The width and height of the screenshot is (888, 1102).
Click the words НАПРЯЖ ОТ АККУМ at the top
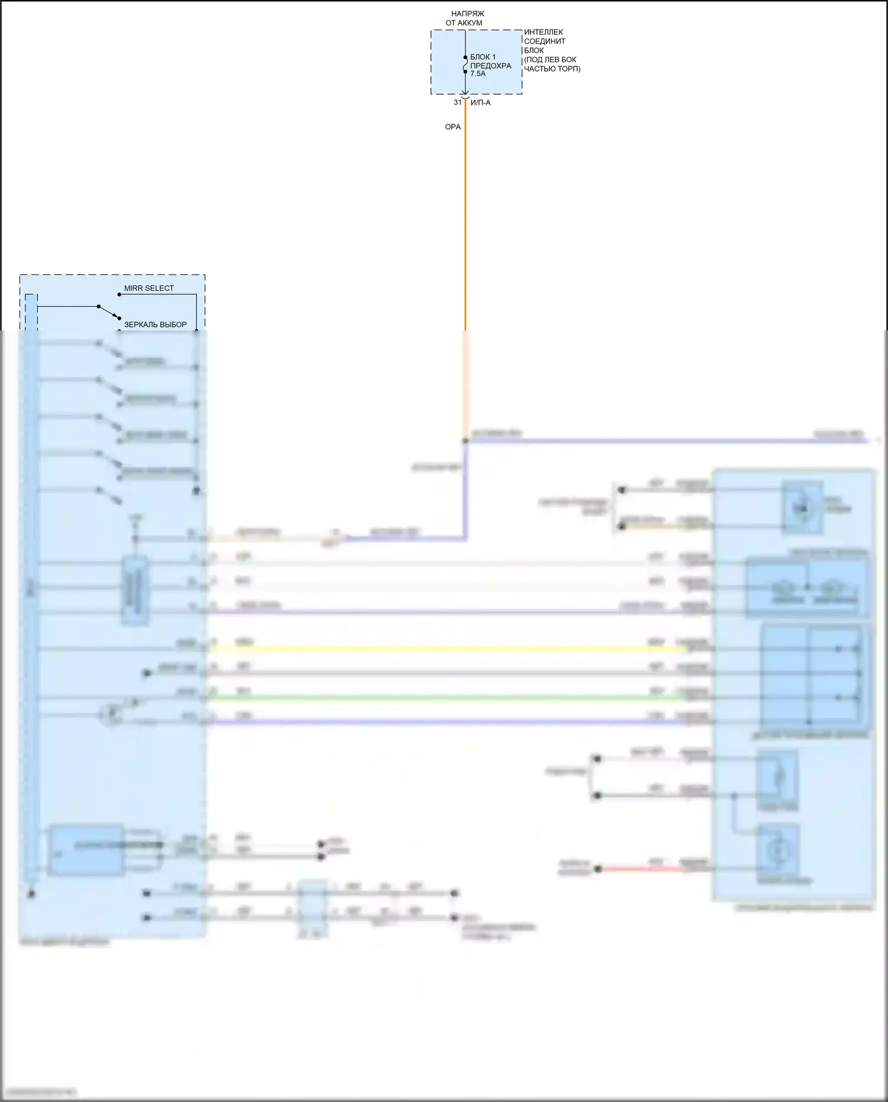click(465, 18)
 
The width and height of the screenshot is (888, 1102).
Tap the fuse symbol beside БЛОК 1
click(465, 65)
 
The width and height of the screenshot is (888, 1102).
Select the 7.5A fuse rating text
click(478, 74)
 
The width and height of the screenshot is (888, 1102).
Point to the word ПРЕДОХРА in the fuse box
click(491, 66)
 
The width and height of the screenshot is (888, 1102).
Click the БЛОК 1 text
click(483, 57)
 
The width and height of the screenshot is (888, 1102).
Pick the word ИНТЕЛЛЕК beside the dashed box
click(543, 32)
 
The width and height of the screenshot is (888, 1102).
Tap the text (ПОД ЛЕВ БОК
click(550, 60)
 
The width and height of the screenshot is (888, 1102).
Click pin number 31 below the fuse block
click(458, 102)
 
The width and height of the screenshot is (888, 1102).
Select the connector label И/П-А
click(480, 102)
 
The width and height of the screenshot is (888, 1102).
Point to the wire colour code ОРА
click(453, 127)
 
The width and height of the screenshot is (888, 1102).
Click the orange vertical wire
click(465, 237)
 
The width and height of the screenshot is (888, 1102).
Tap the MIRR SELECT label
click(149, 288)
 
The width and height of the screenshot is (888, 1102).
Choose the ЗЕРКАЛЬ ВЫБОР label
click(155, 325)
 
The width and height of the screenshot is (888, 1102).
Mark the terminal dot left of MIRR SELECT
click(119, 294)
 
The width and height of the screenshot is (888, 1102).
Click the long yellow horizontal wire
click(444, 649)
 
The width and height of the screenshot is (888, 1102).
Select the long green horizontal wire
click(444, 698)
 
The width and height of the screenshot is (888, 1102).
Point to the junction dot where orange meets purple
click(465, 441)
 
